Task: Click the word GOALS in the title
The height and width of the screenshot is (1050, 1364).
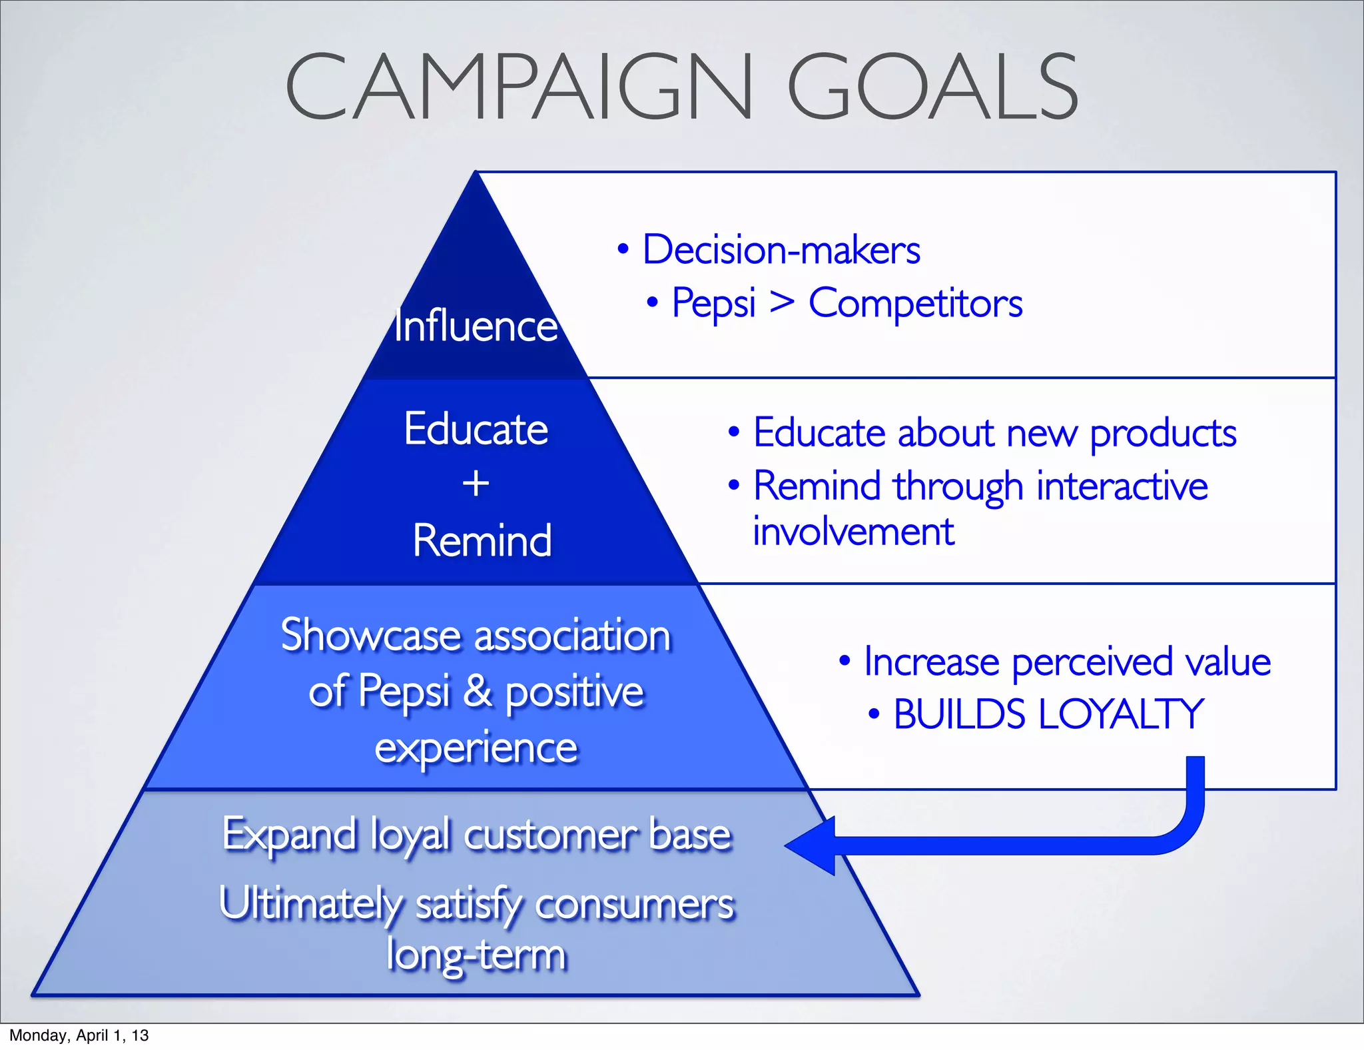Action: pyautogui.click(x=932, y=88)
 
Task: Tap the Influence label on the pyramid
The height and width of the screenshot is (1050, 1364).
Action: pyautogui.click(x=476, y=326)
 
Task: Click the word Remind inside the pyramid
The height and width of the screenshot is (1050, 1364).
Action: pyautogui.click(x=482, y=540)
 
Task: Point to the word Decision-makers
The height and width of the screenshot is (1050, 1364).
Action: pyautogui.click(x=781, y=251)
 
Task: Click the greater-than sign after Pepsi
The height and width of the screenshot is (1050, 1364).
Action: pyautogui.click(x=782, y=303)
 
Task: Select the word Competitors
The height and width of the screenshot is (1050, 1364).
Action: pyautogui.click(x=915, y=304)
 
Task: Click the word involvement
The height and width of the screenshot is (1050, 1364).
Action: pyautogui.click(x=853, y=532)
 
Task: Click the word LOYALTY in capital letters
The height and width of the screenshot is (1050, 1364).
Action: pyautogui.click(x=1121, y=714)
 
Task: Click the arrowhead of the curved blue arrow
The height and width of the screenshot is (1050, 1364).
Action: pyautogui.click(x=807, y=845)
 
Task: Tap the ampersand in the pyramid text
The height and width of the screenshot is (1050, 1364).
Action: pyautogui.click(x=477, y=691)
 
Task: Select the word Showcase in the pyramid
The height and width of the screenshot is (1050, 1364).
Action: pyautogui.click(x=370, y=635)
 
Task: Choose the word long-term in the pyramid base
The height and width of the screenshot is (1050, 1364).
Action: pyautogui.click(x=476, y=955)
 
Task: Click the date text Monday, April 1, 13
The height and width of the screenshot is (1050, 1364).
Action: pyautogui.click(x=79, y=1035)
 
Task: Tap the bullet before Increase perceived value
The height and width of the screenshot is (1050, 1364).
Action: pyautogui.click(x=845, y=661)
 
